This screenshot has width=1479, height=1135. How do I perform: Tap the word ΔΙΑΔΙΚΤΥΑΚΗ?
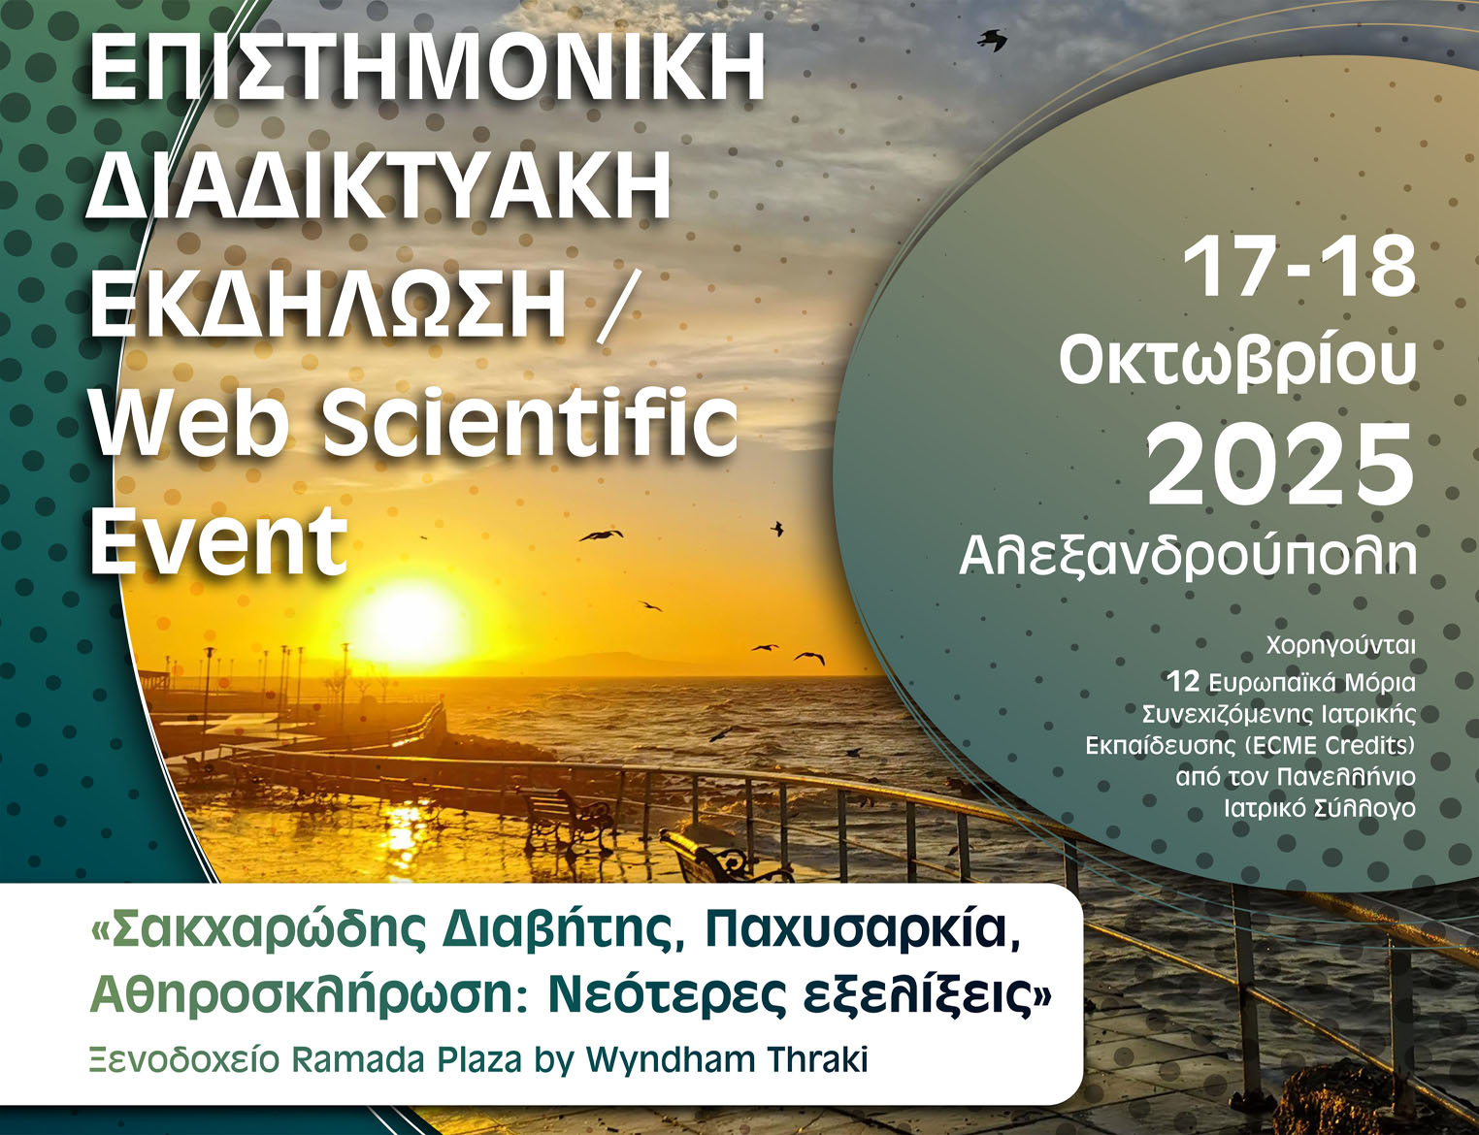379,184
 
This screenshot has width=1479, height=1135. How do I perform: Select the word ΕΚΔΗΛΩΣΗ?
328,300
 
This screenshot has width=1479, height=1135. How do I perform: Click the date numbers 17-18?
1299,268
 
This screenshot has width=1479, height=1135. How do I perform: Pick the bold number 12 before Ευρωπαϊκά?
1183,682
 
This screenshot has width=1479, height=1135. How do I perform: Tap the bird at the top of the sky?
993,40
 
